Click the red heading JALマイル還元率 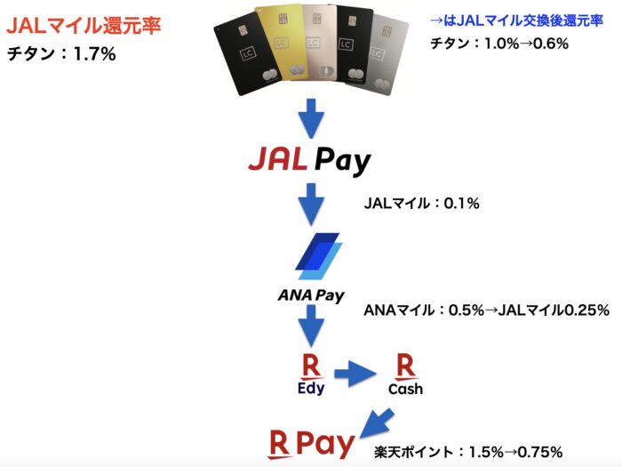coord(84,26)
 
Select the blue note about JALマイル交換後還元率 coord(516,20)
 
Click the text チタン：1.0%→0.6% coord(499,43)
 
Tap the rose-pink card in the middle coord(318,43)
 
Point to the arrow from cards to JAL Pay coord(312,118)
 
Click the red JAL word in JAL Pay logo coord(278,158)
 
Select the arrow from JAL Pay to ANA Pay coord(311,205)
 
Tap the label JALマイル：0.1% coord(422,204)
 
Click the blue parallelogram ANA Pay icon coord(318,256)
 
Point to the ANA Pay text coord(311,295)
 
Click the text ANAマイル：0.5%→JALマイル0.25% coord(486,310)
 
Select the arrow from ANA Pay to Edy coord(311,326)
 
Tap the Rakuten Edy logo coord(311,374)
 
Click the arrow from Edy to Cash coord(355,374)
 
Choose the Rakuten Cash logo coord(405,374)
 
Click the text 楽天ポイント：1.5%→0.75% coord(468,452)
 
